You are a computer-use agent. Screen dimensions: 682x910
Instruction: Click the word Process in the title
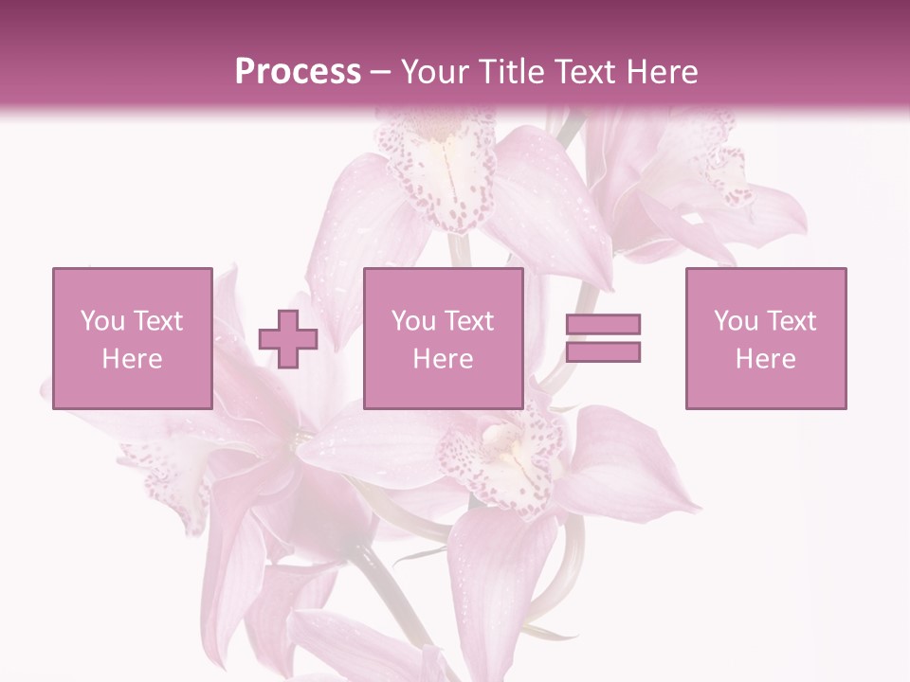(298, 72)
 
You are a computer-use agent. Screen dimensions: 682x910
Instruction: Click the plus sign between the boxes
(288, 339)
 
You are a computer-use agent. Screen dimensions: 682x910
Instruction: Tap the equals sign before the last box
(603, 338)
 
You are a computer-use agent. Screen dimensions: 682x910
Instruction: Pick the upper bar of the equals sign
(603, 325)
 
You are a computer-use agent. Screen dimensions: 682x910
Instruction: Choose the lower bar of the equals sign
(603, 351)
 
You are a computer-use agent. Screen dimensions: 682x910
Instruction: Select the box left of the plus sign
(132, 339)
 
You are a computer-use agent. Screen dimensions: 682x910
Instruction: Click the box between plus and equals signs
(443, 339)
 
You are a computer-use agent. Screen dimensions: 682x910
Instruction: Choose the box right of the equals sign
(765, 339)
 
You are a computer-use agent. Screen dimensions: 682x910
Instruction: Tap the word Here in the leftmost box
(132, 359)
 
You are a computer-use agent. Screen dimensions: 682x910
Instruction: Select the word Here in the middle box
(443, 359)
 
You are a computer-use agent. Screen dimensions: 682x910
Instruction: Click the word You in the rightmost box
(736, 321)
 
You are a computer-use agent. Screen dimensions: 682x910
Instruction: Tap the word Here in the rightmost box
(765, 359)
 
